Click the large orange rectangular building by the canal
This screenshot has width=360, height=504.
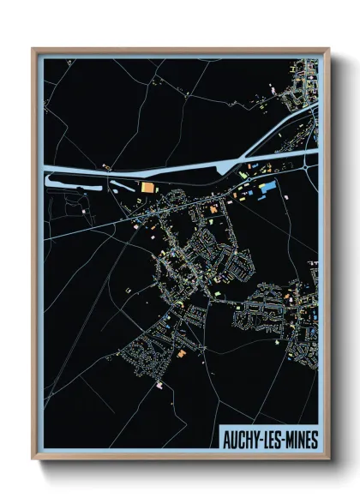(148, 187)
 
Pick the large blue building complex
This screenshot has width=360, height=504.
(267, 186)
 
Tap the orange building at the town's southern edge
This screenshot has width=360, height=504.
(182, 350)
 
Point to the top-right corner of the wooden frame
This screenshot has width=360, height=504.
(328, 49)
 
